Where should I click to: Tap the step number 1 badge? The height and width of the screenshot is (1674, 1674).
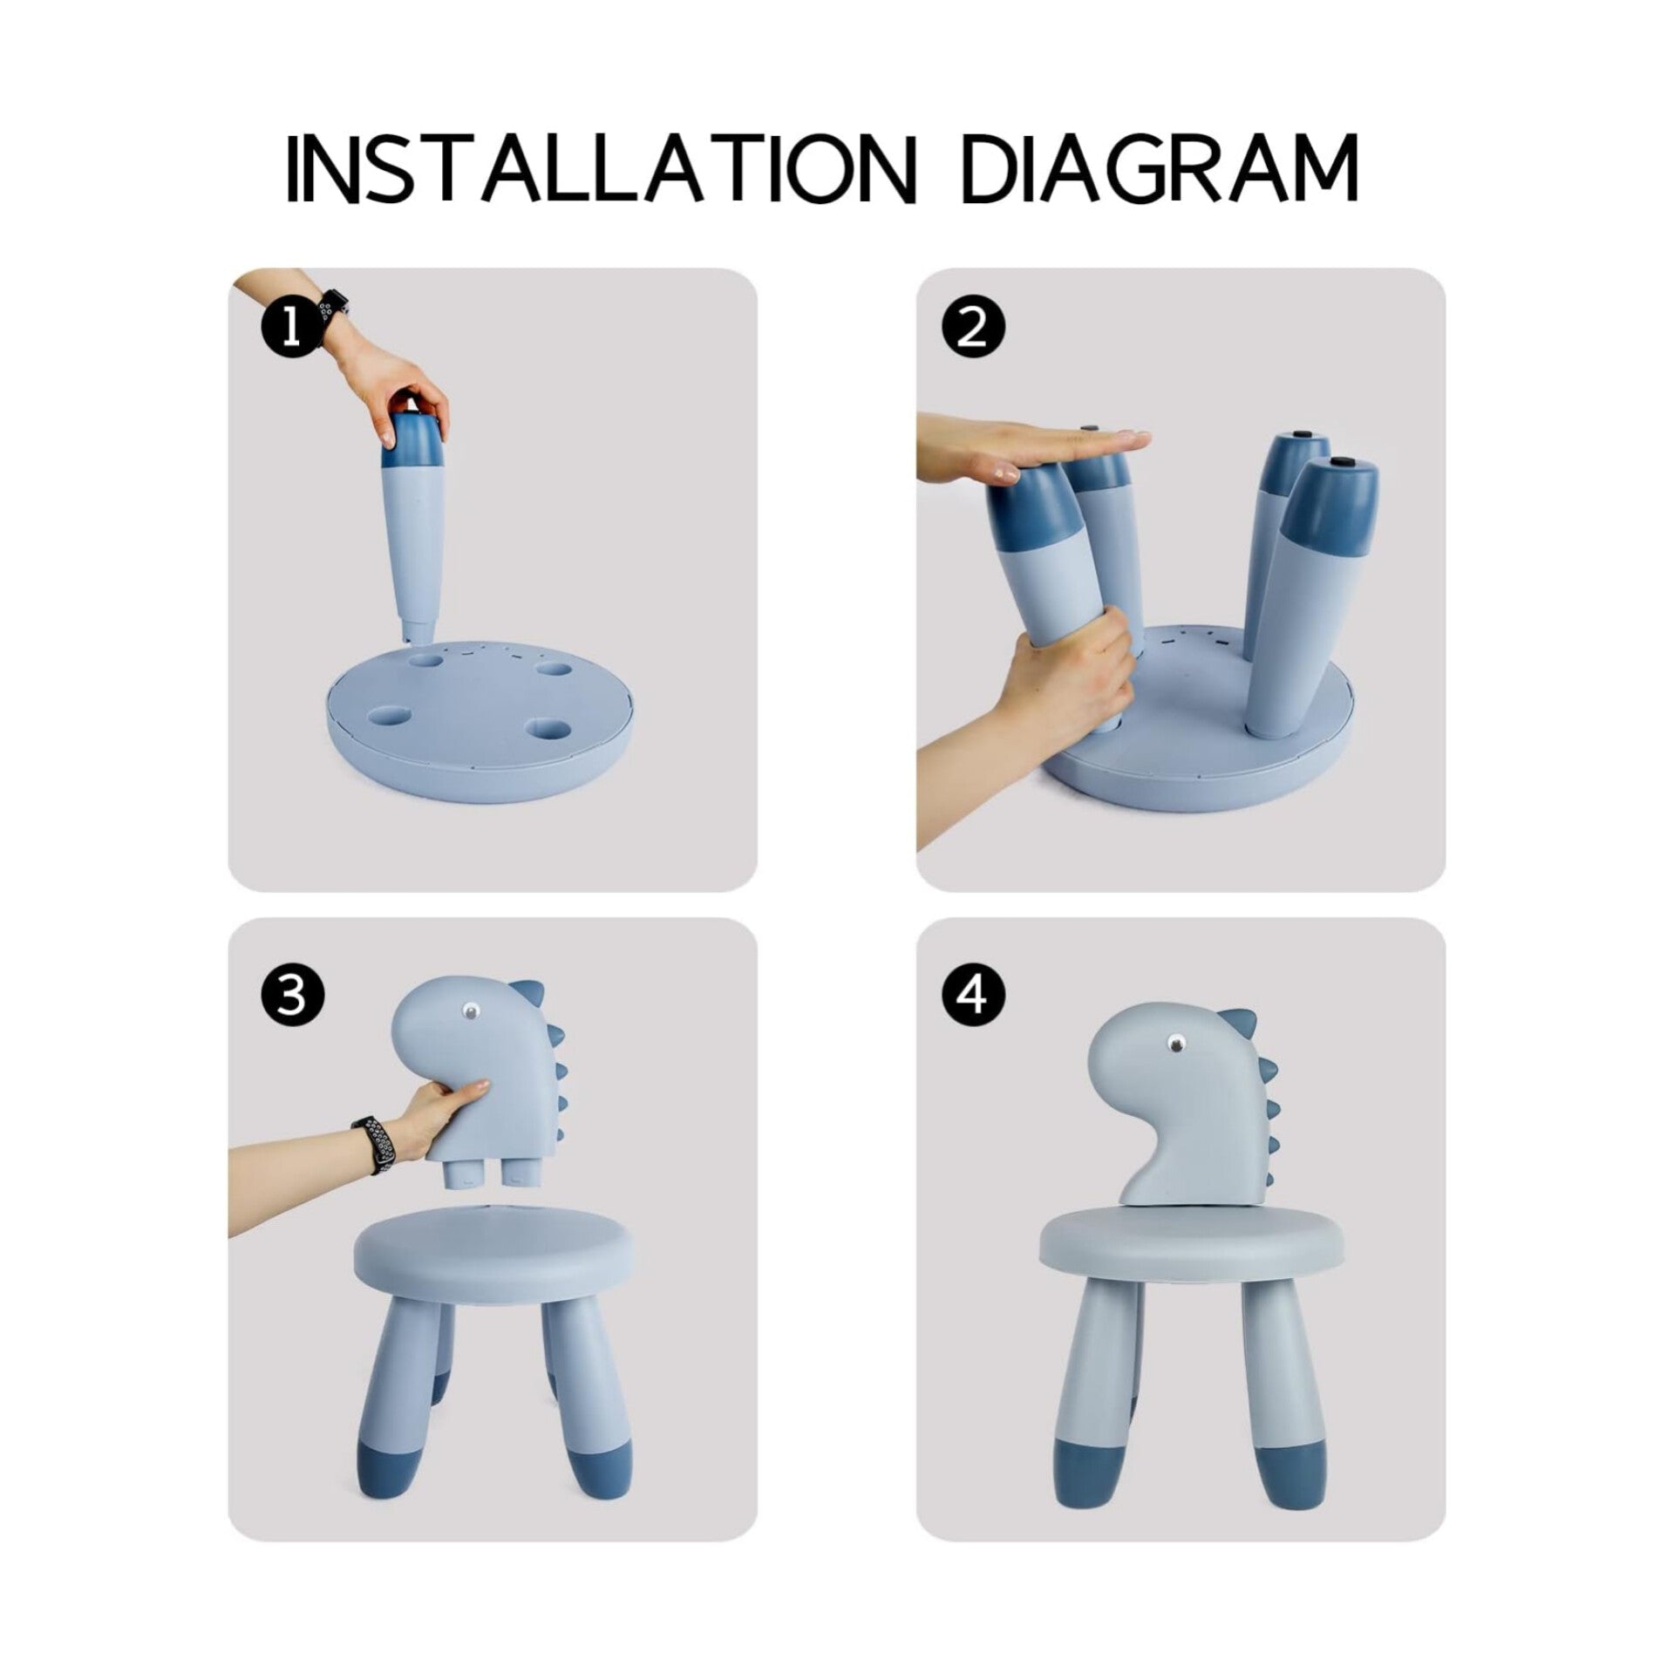(291, 330)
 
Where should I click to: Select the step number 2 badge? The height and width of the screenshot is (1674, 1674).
(973, 330)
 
